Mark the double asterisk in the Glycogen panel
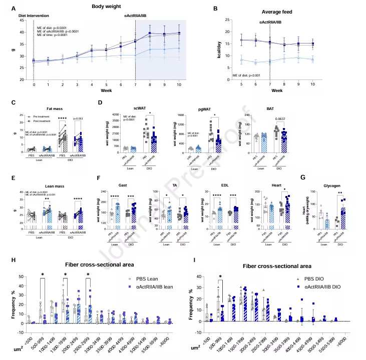[339, 192]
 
